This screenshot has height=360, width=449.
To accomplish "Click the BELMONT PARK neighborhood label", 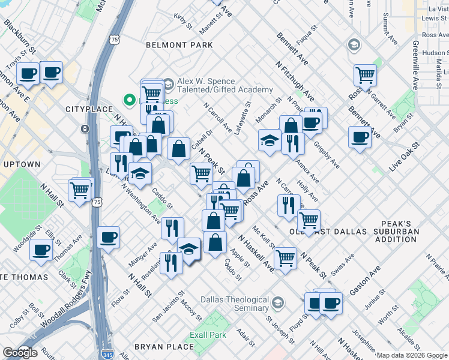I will click(179, 45).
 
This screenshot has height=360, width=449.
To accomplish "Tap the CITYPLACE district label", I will click(89, 109).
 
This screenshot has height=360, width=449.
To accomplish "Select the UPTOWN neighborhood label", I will click(22, 164).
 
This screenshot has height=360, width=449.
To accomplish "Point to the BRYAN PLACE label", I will click(164, 347).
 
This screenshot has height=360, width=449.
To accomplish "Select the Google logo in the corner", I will click(19, 353).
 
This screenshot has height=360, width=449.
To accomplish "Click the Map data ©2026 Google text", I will click(412, 355).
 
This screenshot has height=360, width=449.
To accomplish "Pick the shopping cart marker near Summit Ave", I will click(365, 76).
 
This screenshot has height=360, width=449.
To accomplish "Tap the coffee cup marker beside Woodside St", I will click(41, 249).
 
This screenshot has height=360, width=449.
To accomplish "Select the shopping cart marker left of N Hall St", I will click(79, 191).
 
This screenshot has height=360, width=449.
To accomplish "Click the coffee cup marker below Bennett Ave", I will click(360, 137).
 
